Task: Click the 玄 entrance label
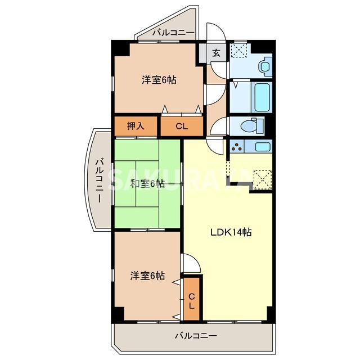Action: (216, 54)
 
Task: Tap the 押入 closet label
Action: (136, 125)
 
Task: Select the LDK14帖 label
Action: (231, 232)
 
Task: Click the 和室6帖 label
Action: (147, 183)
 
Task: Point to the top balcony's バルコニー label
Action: (173, 33)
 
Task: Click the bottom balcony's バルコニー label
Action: (195, 336)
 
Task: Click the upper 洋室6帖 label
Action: (159, 80)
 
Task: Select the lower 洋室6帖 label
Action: (147, 276)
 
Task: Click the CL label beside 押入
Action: (181, 126)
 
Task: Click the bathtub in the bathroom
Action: (262, 97)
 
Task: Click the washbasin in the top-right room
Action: (264, 66)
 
